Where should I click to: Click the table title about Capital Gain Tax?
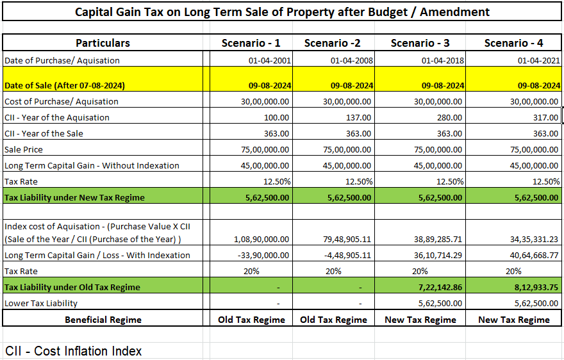(282, 12)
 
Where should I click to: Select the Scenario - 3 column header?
(420, 43)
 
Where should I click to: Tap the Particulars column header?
(103, 43)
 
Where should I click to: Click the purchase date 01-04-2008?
(351, 60)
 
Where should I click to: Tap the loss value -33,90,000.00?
(256, 255)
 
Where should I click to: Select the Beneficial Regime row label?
(103, 319)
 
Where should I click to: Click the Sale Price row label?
(24, 149)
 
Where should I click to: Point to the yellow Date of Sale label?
(64, 85)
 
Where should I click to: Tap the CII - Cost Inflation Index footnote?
(74, 350)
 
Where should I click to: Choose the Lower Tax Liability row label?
(41, 303)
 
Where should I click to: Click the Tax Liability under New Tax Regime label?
(74, 197)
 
